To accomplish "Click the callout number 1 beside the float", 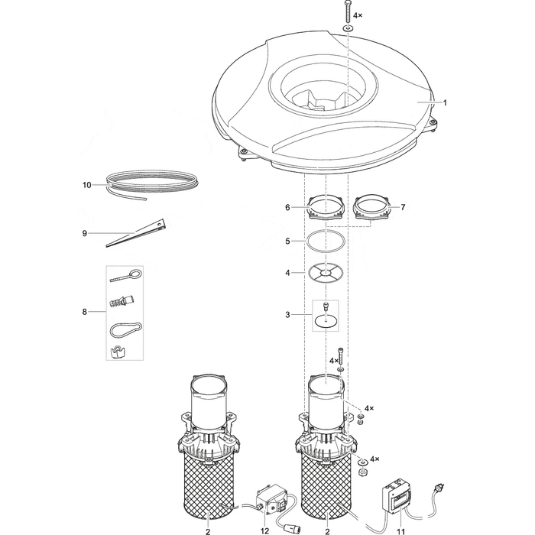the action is tap(445, 102).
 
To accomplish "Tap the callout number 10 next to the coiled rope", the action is tap(87, 185).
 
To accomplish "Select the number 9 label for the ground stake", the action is tap(85, 233).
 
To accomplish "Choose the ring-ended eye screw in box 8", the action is tap(126, 276).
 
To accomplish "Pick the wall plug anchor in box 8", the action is tap(122, 300).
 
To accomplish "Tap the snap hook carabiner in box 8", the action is tap(125, 329).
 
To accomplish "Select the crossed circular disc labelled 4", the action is tap(326, 273).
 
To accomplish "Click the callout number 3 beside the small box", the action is tap(287, 315).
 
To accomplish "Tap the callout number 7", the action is tap(403, 207).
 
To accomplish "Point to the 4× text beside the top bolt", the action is tap(358, 15).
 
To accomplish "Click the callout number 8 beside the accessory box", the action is tap(85, 312).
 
